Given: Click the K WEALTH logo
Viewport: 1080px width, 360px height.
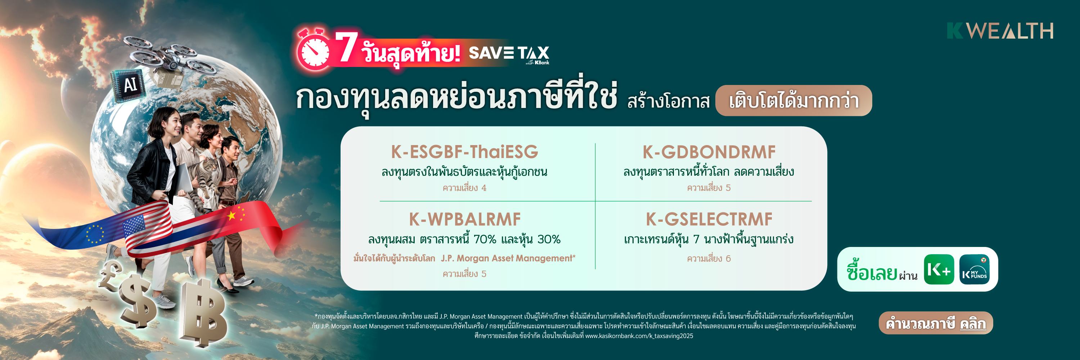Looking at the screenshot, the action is [1000, 31].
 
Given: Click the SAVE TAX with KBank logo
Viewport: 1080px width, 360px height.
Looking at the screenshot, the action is [509, 54].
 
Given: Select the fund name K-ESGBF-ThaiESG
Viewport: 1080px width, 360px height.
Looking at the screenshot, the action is [464, 152].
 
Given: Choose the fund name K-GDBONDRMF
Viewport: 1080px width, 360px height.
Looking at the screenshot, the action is [709, 152].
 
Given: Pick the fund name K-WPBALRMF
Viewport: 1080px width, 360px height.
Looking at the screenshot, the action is [464, 219].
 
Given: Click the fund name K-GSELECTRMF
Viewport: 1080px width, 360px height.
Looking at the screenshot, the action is [709, 219].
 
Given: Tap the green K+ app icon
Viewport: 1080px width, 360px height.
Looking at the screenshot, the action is [939, 270].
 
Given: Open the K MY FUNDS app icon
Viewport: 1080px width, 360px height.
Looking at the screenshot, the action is [975, 270].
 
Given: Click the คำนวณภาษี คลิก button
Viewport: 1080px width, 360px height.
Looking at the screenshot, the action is [936, 323].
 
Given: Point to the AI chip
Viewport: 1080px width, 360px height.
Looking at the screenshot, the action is [129, 85].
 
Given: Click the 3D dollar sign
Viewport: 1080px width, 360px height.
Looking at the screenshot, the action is [138, 301].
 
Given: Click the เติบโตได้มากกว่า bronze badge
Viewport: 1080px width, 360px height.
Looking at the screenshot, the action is [794, 100].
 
